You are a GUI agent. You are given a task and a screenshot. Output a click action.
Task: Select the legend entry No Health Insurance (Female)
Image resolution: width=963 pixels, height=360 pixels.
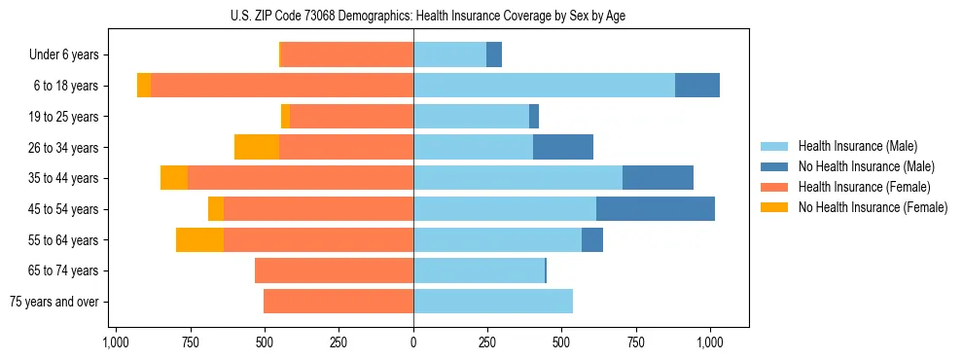coord(873,207)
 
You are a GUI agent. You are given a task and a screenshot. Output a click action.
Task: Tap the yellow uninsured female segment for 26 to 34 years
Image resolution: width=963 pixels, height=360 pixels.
coord(257,147)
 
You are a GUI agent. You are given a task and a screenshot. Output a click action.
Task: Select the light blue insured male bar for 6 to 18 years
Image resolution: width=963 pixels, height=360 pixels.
coord(544,86)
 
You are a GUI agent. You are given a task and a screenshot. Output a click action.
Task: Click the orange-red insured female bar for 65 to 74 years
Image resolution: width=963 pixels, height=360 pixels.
coord(334,270)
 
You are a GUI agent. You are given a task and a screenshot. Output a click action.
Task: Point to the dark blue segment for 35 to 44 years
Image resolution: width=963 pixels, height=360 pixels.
coord(658,178)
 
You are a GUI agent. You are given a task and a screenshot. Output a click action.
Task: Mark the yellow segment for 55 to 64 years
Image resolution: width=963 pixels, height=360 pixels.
coord(199,239)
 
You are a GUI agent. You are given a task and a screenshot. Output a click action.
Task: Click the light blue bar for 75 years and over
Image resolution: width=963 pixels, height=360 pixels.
coord(493,302)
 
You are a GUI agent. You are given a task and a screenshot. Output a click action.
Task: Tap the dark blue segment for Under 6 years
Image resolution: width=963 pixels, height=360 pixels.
coord(494,54)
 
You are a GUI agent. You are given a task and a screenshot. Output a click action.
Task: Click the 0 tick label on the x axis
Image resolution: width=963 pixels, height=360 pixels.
coord(413,342)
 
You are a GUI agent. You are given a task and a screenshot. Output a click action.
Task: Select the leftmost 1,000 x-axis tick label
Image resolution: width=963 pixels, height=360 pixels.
coord(116,342)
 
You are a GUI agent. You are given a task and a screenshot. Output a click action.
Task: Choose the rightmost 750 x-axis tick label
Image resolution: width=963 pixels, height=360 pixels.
coord(635,342)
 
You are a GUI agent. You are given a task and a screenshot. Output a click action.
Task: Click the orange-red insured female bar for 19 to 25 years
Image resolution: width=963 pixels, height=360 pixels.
coord(351,117)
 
